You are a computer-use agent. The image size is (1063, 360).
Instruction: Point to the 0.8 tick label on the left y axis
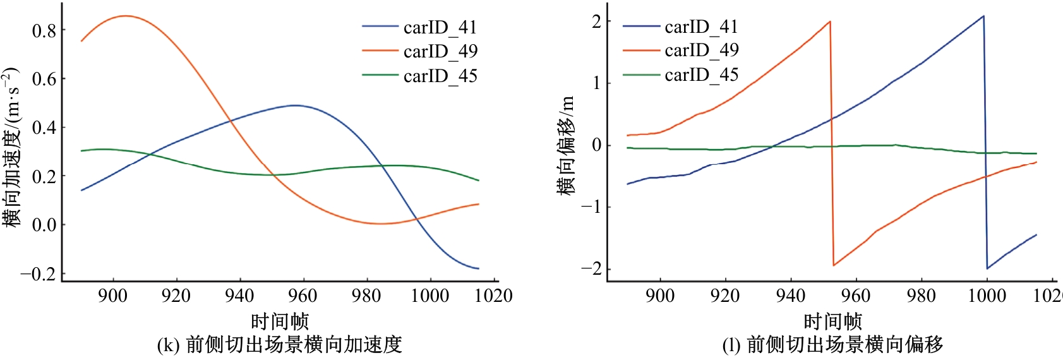[44, 30]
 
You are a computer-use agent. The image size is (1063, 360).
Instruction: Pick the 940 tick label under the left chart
[239, 296]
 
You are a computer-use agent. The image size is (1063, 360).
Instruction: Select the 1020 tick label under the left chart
[493, 296]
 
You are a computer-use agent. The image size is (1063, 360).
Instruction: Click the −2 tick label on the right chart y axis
[591, 268]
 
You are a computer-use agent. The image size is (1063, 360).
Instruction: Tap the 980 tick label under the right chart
[921, 296]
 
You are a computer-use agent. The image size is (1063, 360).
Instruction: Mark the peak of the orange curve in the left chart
[125, 16]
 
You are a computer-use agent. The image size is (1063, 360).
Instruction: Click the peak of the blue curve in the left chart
[294, 105]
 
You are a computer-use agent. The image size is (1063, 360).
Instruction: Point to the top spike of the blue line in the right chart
[983, 16]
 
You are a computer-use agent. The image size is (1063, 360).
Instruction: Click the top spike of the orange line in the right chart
[830, 21]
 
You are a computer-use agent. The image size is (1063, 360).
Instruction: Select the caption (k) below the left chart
[279, 345]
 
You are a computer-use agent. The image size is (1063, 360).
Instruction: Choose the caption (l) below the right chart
[832, 345]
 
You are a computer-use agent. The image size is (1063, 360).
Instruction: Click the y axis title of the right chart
[566, 145]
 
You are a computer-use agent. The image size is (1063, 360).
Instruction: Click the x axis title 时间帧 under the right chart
[832, 321]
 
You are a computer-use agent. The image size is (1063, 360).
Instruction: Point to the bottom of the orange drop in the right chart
[834, 265]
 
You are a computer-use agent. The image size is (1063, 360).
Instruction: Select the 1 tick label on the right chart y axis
[597, 83]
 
